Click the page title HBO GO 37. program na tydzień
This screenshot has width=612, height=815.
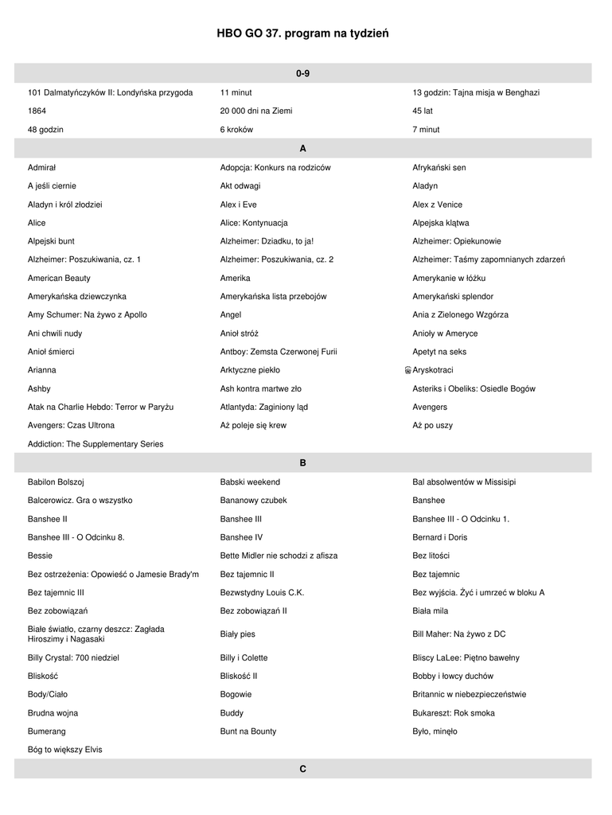(302, 33)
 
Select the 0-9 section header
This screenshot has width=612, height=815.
(302, 73)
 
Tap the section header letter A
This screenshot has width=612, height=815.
(302, 149)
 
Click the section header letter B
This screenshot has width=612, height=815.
(302, 462)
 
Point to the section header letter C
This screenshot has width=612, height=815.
(302, 770)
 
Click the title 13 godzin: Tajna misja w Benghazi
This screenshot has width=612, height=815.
(475, 92)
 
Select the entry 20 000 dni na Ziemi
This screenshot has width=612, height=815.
(255, 111)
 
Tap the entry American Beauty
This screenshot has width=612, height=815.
(59, 279)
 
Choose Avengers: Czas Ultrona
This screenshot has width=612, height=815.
(71, 426)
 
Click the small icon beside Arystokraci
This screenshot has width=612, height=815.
(407, 371)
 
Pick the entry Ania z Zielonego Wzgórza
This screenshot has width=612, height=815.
(460, 315)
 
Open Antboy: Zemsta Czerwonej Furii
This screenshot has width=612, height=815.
(279, 352)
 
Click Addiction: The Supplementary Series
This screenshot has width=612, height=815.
(96, 444)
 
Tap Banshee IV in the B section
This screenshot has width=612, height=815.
(241, 537)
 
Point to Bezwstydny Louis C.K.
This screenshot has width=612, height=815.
(262, 593)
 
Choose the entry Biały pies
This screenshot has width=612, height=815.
(238, 634)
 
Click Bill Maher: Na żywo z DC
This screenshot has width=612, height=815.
(458, 634)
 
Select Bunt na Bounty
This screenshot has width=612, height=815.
(248, 731)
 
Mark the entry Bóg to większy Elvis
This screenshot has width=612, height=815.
(64, 750)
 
